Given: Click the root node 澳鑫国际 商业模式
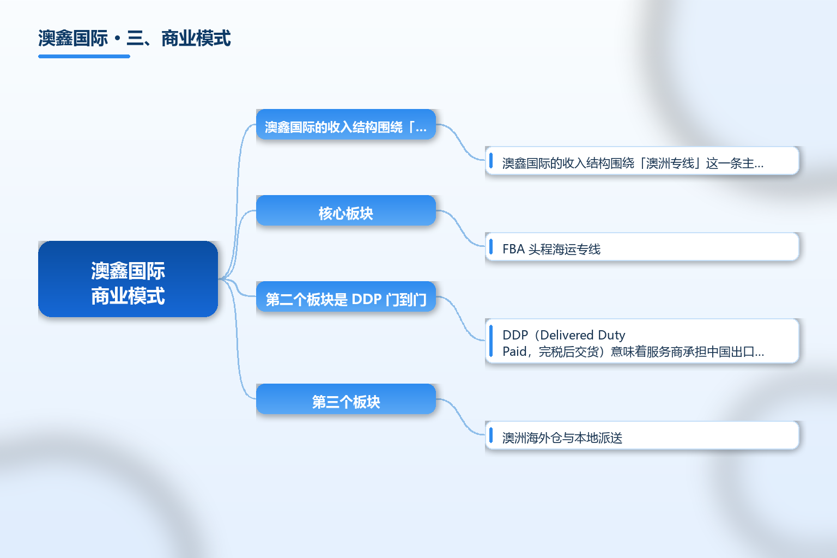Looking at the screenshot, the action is click(x=128, y=279).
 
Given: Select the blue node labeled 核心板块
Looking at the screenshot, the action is click(x=346, y=210).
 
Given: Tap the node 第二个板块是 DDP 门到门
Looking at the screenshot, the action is click(x=346, y=296).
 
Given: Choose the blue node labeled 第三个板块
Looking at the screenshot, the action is click(x=346, y=399).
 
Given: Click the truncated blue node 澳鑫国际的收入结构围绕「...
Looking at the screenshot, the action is click(x=346, y=124).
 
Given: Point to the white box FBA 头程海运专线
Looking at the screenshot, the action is click(x=642, y=247).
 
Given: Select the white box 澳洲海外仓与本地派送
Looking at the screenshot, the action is click(x=642, y=435).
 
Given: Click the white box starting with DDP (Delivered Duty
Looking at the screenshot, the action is click(x=642, y=341).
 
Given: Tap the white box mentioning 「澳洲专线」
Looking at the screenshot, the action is click(x=642, y=161).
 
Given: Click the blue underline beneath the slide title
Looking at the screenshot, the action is click(x=84, y=57).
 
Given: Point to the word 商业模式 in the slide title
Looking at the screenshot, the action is click(x=196, y=39).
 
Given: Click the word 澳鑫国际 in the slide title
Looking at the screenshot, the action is click(x=73, y=39).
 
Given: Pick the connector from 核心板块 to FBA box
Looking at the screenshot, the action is click(x=460, y=228).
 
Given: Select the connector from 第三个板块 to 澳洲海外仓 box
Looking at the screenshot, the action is click(x=460, y=417).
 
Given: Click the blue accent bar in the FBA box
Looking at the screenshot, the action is click(x=491, y=247).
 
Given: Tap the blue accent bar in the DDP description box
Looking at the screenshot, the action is click(x=491, y=341).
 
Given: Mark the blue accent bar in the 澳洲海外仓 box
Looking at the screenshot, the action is click(x=491, y=435).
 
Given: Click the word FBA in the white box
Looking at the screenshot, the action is click(x=514, y=249).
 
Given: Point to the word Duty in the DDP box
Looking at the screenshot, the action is click(x=612, y=335).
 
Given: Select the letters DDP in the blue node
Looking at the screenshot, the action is click(x=367, y=299).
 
